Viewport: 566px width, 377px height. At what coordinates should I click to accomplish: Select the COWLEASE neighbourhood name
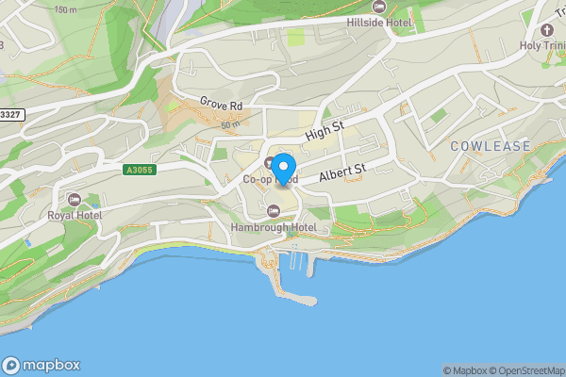coord(491,146)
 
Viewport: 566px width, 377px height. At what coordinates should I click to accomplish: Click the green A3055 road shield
coord(139,170)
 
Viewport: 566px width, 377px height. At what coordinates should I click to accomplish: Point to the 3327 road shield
coord(10,114)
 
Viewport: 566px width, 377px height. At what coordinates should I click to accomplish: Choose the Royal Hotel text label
coord(75,215)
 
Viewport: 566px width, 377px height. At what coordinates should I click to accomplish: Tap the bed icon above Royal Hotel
coord(75,199)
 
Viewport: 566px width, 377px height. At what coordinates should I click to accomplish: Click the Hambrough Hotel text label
coord(275,227)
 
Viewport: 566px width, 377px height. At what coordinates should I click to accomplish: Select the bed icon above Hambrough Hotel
coord(274,210)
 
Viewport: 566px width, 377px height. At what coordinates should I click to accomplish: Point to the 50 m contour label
coord(230,124)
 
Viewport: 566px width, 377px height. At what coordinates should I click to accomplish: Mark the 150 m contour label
coord(66,9)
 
